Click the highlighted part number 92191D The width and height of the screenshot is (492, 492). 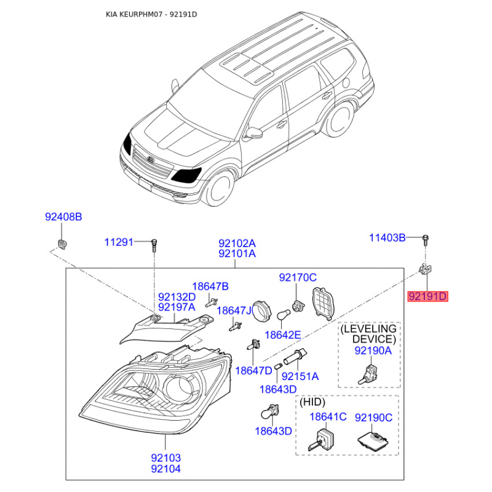[x=427, y=296]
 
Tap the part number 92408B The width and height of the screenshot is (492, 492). [x=63, y=217]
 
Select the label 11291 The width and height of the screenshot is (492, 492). [x=119, y=242]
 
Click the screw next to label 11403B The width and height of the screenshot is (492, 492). [x=426, y=240]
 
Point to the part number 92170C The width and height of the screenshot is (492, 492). [x=298, y=277]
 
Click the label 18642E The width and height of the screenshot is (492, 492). [x=283, y=335]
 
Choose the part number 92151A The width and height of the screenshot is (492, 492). [x=300, y=376]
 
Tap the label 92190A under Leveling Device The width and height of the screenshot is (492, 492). [x=373, y=351]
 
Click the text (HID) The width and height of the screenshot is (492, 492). [x=312, y=402]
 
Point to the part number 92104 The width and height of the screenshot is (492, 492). [x=166, y=469]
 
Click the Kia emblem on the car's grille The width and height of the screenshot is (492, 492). [x=151, y=159]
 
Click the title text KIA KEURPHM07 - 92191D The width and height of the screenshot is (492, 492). [x=151, y=14]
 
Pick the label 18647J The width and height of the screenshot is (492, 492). [x=234, y=311]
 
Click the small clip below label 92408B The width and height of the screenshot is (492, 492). [x=62, y=244]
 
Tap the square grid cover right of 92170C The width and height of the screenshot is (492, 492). [x=323, y=303]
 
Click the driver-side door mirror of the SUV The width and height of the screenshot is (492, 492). [x=254, y=133]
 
